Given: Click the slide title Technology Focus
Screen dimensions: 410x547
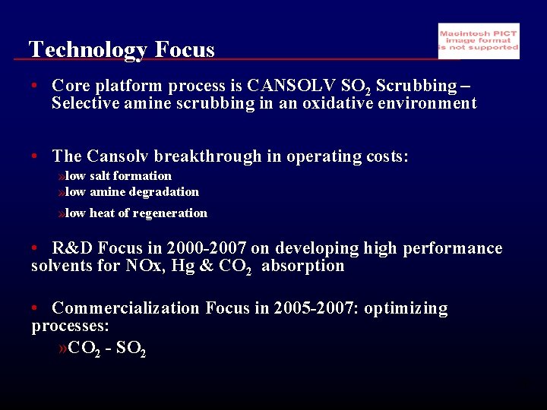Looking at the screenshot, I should point(122,49).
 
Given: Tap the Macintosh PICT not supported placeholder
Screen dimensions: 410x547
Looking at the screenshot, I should point(479,41).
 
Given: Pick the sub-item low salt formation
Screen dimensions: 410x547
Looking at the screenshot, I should point(118,176).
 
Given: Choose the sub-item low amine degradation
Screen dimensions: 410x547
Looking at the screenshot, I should point(131,192).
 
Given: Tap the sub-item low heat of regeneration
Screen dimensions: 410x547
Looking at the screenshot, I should point(136,213).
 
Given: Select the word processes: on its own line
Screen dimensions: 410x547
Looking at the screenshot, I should point(70,326).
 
